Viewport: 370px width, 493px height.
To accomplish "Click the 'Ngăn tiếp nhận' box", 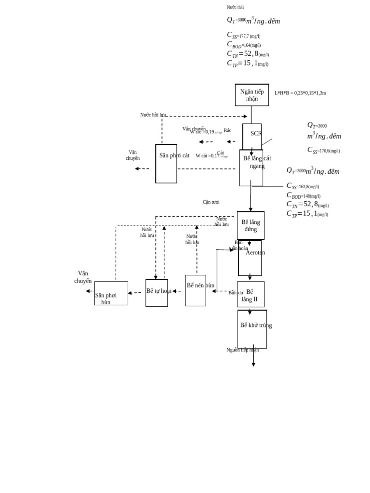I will [x=251, y=95].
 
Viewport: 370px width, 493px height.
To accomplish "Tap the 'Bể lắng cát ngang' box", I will [x=251, y=168].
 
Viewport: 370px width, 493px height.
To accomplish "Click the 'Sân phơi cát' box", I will [x=166, y=164].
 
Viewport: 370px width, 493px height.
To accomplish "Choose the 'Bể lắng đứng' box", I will [x=251, y=225].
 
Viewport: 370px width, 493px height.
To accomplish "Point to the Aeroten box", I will [x=250, y=258].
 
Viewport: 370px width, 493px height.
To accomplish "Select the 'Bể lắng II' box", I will [x=251, y=294].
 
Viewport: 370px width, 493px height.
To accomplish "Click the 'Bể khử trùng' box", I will [x=252, y=329].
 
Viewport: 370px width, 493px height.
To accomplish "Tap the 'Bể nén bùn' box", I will [x=196, y=290].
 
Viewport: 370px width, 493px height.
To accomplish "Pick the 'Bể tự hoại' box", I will [x=157, y=293].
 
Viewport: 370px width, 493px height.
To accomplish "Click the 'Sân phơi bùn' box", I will [x=111, y=294].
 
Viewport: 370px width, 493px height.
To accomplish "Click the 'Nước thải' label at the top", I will [x=235, y=7].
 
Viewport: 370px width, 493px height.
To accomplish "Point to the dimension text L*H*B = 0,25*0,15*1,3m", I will [x=300, y=93].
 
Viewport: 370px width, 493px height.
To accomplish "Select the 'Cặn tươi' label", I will [x=211, y=202].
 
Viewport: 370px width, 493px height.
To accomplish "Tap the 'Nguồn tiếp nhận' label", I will [x=242, y=350].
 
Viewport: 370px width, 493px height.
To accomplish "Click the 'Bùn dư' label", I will [x=236, y=293].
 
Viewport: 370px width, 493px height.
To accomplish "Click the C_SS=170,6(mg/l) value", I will [x=324, y=151].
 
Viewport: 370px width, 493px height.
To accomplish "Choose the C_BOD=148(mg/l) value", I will [x=304, y=195].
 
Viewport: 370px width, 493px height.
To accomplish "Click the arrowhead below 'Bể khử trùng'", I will [x=253, y=364].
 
